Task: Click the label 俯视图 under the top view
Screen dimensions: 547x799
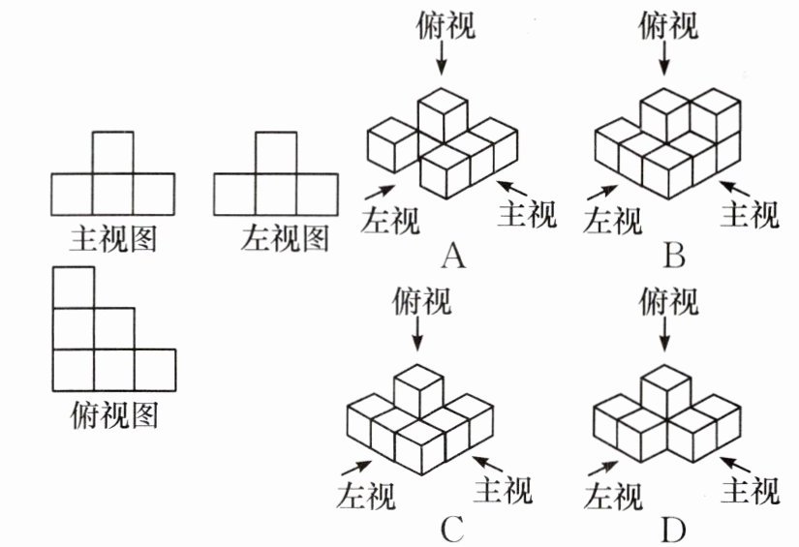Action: [x=113, y=416]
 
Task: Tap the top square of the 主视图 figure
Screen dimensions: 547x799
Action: [x=113, y=152]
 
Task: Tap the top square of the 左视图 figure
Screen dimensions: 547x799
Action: [x=276, y=152]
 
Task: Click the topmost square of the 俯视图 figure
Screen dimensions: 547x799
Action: [x=74, y=288]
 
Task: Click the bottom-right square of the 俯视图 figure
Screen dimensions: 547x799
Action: [x=155, y=369]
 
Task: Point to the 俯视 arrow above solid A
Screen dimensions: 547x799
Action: [x=443, y=60]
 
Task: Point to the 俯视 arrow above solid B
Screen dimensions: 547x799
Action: [x=664, y=60]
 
